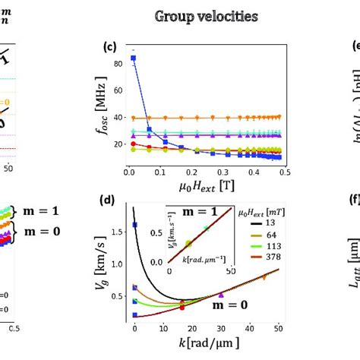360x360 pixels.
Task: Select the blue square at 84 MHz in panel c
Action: click(134, 58)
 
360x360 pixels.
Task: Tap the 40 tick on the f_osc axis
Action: click(122, 118)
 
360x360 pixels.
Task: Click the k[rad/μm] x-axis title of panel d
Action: click(205, 342)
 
